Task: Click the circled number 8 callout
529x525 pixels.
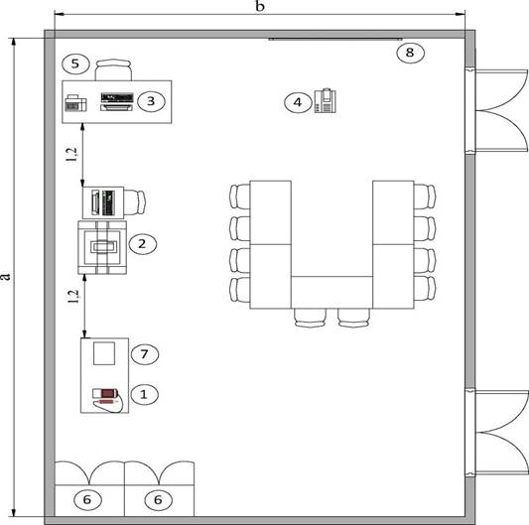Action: pos(410,53)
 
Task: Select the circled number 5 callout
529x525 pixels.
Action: pos(75,64)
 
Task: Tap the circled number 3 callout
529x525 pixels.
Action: pos(151,101)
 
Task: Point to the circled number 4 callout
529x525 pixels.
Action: pos(298,102)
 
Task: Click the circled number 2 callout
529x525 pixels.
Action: pos(142,243)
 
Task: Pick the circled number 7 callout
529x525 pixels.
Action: pos(145,354)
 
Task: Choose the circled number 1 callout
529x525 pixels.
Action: pos(144,394)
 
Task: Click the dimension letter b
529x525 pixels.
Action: pos(259,6)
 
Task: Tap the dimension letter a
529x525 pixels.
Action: pos(6,276)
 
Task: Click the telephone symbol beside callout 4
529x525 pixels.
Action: pos(326,100)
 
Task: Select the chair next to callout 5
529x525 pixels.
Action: pos(113,69)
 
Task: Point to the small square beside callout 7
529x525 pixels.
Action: pos(104,353)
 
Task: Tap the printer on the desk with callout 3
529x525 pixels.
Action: pos(75,103)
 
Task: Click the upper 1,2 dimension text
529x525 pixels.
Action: pos(72,155)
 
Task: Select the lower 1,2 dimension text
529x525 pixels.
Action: pos(73,297)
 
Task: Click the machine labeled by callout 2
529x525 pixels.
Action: pos(102,247)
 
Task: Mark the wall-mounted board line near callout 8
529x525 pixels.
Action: pos(335,39)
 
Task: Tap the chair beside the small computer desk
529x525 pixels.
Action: pos(135,202)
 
